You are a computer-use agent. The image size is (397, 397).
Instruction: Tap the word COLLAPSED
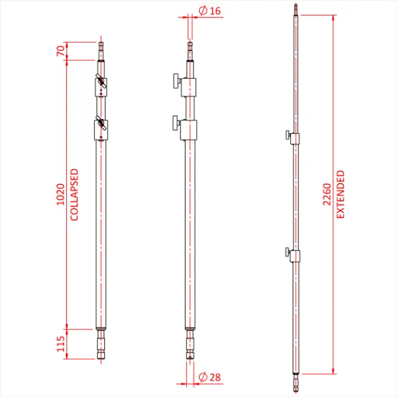[x=74, y=194]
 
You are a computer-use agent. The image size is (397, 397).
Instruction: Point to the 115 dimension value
[x=60, y=342]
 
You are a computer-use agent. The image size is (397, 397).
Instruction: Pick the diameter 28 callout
[x=205, y=377]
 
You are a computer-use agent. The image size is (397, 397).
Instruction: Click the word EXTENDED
[x=341, y=194]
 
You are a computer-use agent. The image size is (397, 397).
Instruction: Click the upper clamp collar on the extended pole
[x=295, y=138]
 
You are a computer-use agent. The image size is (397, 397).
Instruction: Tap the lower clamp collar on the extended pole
[x=295, y=254]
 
